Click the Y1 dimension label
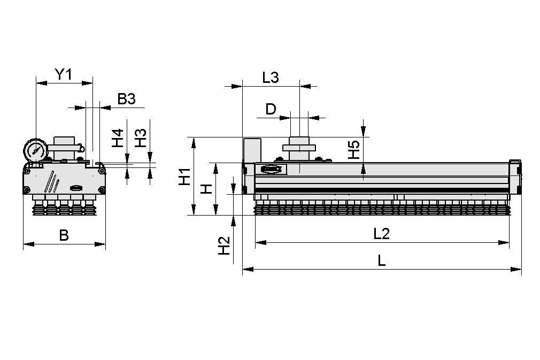[x=64, y=74]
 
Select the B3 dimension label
[x=127, y=98]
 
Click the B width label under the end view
[x=64, y=235]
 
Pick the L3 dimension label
[x=271, y=78]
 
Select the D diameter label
[x=271, y=110]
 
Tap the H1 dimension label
[x=184, y=177]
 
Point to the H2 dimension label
[x=224, y=245]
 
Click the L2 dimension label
[x=382, y=233]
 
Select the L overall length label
[x=382, y=261]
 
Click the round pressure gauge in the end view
[x=35, y=150]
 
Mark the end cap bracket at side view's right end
[x=515, y=177]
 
